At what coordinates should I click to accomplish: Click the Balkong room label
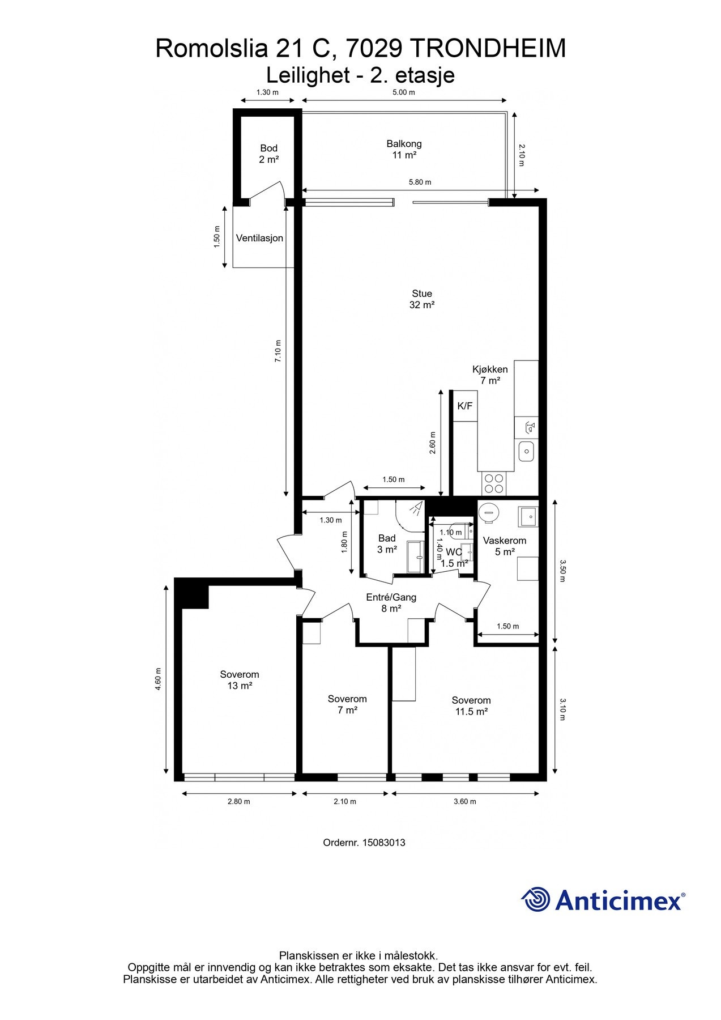click(404, 150)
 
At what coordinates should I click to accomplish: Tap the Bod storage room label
click(269, 154)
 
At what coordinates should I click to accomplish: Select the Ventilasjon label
click(259, 238)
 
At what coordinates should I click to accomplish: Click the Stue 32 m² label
click(422, 299)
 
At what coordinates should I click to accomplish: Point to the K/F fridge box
click(465, 406)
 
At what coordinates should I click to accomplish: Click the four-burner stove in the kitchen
click(493, 483)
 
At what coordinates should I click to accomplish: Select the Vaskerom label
click(505, 541)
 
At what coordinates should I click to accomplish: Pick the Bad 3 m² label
click(387, 544)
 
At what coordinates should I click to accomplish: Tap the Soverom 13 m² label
click(240, 680)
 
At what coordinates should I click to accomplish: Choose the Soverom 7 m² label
click(347, 704)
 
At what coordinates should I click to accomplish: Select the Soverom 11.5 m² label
click(471, 706)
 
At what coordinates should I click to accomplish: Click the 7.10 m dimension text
click(278, 351)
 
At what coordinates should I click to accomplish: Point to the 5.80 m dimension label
click(420, 182)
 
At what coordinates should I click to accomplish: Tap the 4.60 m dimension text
click(159, 679)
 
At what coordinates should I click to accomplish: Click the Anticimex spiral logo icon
click(536, 899)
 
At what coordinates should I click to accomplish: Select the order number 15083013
click(383, 843)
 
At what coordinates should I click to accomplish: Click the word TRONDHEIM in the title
click(487, 48)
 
